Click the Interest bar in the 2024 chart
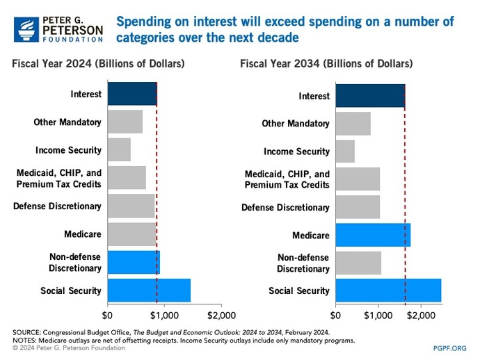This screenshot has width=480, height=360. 132,94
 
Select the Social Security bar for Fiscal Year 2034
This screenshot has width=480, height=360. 388,291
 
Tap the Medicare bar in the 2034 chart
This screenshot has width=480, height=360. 373,235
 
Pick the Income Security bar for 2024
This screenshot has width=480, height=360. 119,149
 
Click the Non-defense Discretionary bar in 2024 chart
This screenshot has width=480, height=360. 134,262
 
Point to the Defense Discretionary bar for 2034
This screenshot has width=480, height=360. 358,207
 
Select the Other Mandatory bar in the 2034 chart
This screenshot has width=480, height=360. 353,124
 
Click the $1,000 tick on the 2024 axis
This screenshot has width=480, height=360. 164,305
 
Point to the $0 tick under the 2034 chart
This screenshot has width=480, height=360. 336,315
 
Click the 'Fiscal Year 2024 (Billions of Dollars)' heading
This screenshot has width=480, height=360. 98,64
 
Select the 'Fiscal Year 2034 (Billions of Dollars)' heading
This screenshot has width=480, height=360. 326,64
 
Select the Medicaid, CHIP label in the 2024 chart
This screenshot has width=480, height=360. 59,178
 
